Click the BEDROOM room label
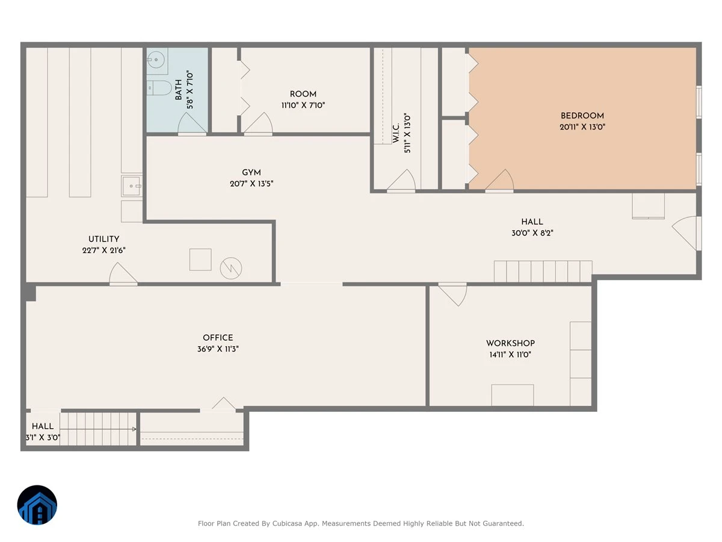click(582, 116)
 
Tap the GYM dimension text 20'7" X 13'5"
click(251, 184)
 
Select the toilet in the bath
click(159, 88)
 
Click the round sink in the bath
click(157, 60)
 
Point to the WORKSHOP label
click(510, 343)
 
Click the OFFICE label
click(218, 338)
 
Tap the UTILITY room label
click(103, 239)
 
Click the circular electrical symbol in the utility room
click(231, 268)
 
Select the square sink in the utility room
click(132, 186)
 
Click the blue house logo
click(37, 505)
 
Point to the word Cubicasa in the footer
click(287, 523)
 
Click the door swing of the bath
click(192, 123)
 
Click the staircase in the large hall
click(543, 272)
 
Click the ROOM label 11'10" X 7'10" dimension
click(303, 105)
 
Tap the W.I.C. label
click(396, 133)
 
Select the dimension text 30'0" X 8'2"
click(532, 233)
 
